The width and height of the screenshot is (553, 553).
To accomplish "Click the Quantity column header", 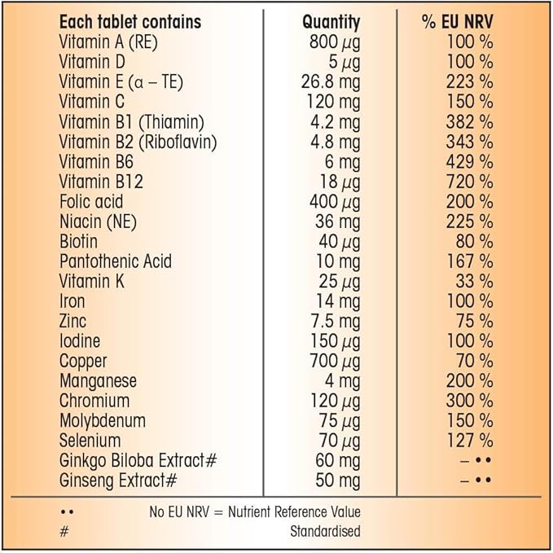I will pos(331,22).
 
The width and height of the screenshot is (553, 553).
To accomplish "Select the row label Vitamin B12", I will pos(101,182).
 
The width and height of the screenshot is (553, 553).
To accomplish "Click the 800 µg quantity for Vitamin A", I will pos(335,42).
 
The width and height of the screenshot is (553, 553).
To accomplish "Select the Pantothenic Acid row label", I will pos(116,261).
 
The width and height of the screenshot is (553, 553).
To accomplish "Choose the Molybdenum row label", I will pos(103,420).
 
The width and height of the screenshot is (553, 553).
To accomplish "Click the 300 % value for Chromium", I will pos(469,401).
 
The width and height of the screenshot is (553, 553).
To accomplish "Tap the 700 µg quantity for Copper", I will pos(335,361).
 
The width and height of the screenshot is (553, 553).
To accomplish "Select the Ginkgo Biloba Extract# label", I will pos(138,460).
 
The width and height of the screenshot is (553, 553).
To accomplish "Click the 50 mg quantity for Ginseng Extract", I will pos(337,481).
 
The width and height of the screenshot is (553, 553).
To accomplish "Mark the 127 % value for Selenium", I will pos(469,441).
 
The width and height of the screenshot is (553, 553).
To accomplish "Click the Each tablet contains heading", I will pos(130,22).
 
